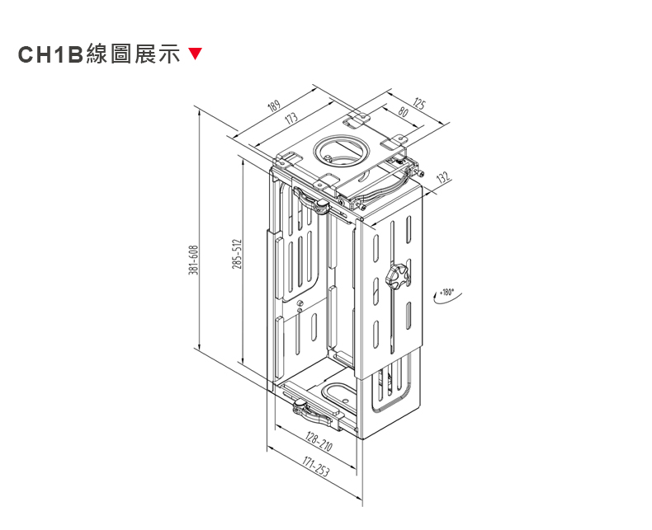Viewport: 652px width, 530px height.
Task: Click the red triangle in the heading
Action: pos(195,55)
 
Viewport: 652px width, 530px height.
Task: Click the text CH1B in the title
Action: pos(51,55)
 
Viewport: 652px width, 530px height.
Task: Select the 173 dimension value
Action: pos(290,120)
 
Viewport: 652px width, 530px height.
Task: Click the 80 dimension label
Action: pos(403,111)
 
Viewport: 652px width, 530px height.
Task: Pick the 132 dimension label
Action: pos(442,177)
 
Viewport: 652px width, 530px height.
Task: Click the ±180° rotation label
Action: pos(446,291)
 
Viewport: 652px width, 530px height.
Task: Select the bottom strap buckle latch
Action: pos(302,406)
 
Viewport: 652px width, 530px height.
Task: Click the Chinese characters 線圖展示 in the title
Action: pos(133,55)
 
